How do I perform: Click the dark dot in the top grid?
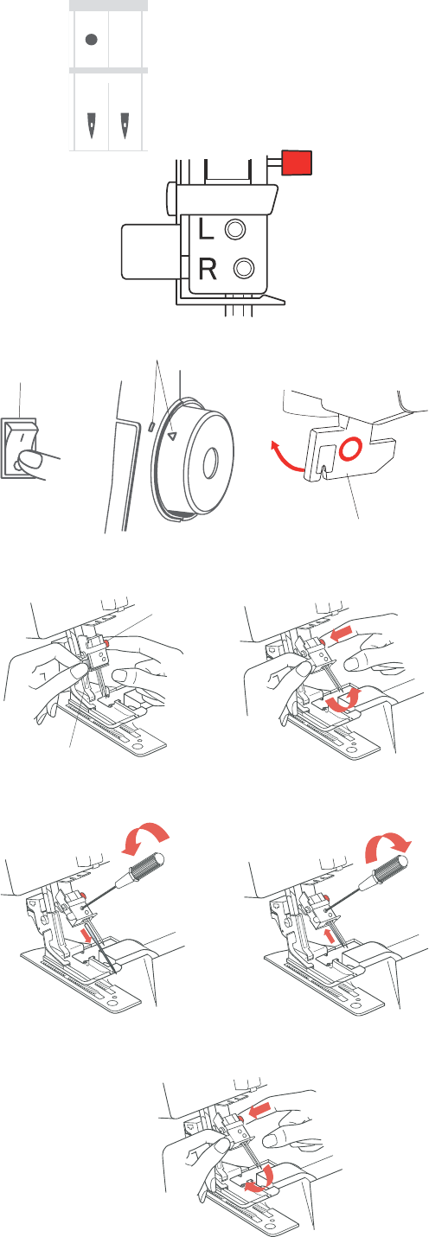92,39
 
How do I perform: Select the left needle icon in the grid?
91,124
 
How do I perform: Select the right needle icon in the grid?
125,124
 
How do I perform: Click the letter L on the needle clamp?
206,228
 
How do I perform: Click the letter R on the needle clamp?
208,270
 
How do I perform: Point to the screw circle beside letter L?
235,229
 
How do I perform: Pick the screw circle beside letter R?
243,268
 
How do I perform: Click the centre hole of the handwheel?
210,463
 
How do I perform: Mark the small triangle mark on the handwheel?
171,437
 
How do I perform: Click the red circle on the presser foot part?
350,449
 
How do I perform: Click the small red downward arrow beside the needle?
86,935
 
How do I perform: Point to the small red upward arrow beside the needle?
330,935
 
